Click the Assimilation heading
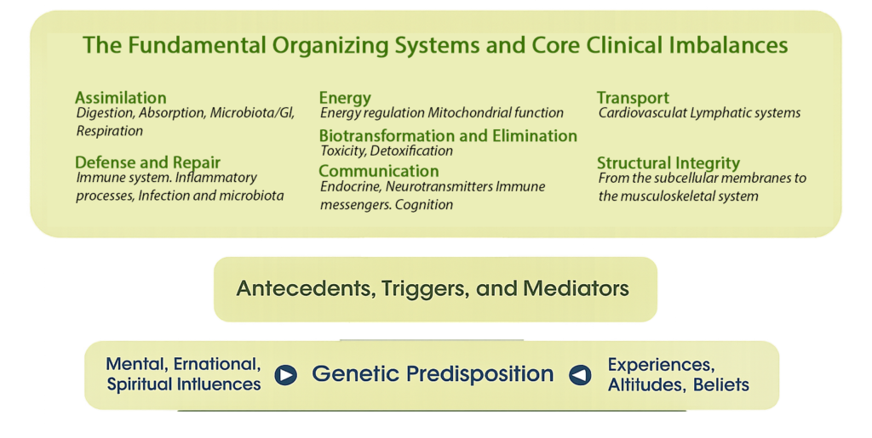pos(120,98)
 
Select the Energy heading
pos(345,98)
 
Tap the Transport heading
pos(633,98)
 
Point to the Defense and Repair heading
pos(147,162)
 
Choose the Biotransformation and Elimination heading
pos(448,135)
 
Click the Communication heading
pos(379,171)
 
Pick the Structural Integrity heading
pos(668,162)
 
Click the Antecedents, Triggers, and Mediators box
pos(433,288)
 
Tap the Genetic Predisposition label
pos(433,373)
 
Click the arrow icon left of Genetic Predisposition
pos(285,374)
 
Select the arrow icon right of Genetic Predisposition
pos(580,374)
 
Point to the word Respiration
pos(110,131)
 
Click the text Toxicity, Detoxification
pos(387,151)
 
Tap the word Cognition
pos(424,204)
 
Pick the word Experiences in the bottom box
pos(661,365)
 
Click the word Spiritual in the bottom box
pos(141,384)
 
